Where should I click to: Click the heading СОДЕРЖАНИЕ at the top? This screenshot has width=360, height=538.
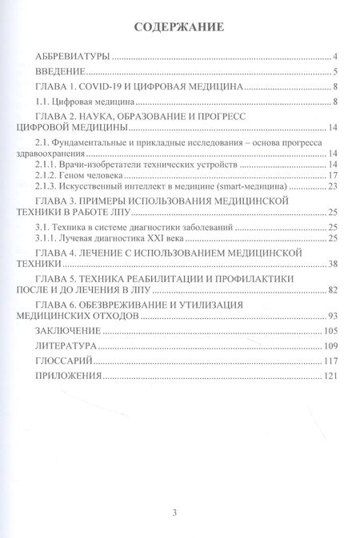tap(181, 27)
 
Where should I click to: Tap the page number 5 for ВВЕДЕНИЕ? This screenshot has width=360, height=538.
tap(339, 72)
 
